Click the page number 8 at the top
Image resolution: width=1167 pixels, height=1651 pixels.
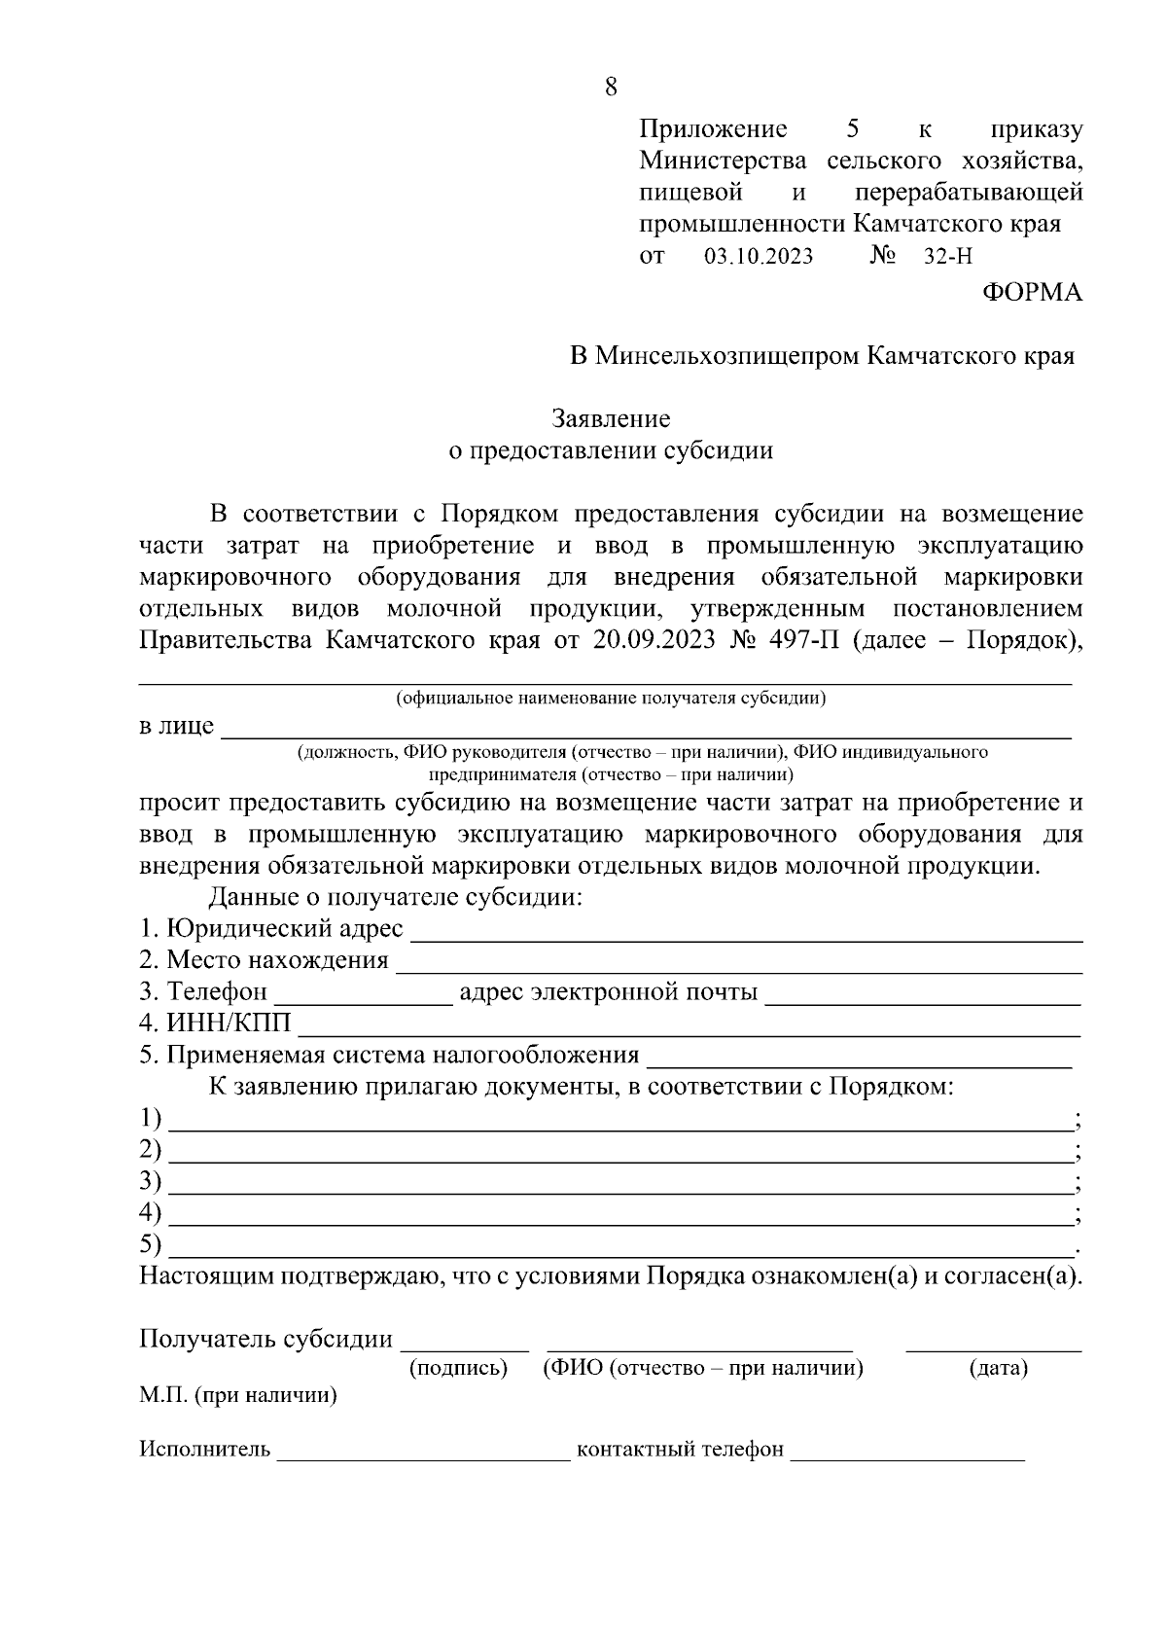pyautogui.click(x=611, y=88)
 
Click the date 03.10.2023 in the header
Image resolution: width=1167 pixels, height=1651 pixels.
pyautogui.click(x=758, y=258)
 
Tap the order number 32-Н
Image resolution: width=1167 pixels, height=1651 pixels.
pyautogui.click(x=948, y=258)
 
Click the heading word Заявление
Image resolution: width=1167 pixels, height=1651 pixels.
pyautogui.click(x=611, y=419)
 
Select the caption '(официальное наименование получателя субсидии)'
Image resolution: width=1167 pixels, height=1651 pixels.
pyautogui.click(x=611, y=699)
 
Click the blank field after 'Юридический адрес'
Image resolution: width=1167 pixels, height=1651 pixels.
pyautogui.click(x=747, y=935)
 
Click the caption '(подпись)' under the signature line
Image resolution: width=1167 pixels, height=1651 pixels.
pyautogui.click(x=458, y=1369)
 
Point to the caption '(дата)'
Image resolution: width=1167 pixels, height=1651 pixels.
pyautogui.click(x=999, y=1369)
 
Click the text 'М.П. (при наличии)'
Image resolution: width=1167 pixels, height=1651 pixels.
pyautogui.click(x=238, y=1396)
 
